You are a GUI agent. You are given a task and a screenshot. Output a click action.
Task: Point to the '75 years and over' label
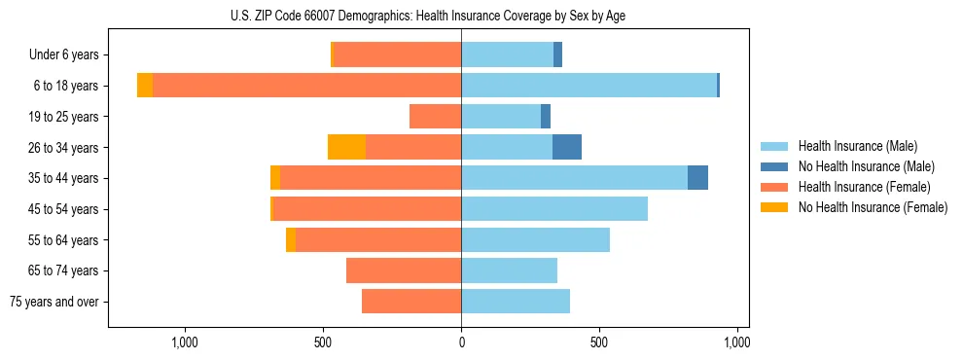[x=54, y=302]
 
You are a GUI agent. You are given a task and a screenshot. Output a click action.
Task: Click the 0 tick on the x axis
[x=461, y=342]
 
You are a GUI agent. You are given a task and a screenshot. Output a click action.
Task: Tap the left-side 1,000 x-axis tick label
[x=185, y=342]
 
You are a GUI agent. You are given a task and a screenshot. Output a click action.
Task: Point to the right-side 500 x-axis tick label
[x=599, y=342]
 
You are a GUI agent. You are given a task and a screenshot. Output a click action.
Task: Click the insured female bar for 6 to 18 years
[x=306, y=86]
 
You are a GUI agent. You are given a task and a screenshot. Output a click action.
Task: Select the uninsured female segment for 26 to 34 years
[x=346, y=147]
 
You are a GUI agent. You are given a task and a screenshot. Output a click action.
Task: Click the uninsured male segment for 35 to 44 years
[x=697, y=178]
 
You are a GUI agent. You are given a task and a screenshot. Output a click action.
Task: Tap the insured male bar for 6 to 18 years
[x=588, y=86]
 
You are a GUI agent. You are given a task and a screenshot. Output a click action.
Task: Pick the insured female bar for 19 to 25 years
[x=435, y=117]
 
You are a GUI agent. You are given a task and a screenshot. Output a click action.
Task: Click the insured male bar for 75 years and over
[x=516, y=302]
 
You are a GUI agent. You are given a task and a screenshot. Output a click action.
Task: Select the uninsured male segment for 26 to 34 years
[x=567, y=147]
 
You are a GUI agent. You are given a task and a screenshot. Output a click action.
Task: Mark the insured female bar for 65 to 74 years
[x=404, y=270]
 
